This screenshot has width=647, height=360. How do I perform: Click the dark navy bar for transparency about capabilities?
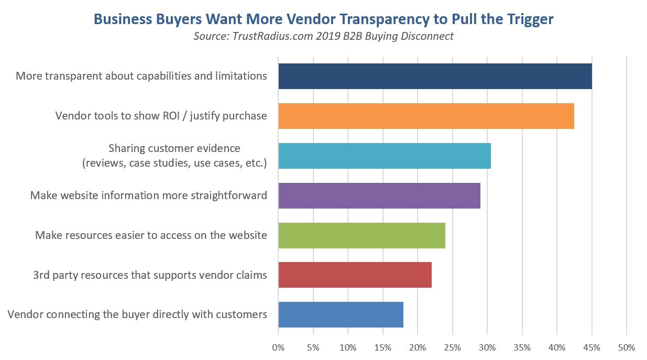(435, 76)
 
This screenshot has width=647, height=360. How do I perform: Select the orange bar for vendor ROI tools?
(426, 116)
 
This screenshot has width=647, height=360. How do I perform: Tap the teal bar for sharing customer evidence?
(384, 156)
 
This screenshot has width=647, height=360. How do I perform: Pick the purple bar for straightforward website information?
(379, 195)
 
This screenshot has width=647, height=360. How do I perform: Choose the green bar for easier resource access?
(361, 235)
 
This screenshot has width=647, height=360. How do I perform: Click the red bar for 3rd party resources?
(355, 275)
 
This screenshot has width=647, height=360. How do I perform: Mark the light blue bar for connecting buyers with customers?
(341, 314)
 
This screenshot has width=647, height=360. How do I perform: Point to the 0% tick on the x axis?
(278, 347)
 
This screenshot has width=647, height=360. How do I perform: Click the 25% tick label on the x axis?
(452, 347)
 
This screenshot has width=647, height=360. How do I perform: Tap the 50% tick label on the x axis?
(627, 347)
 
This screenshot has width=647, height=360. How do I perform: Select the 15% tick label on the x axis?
(382, 347)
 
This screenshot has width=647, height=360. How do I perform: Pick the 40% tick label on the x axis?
(557, 347)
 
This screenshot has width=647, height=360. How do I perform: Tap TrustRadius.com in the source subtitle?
(265, 37)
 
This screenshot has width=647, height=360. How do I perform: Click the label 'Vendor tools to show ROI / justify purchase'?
(161, 116)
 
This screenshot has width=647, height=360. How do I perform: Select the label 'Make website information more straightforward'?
(149, 195)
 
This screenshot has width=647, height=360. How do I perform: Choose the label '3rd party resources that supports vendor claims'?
(150, 275)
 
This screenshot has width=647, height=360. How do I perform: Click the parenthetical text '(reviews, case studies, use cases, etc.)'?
(174, 163)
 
